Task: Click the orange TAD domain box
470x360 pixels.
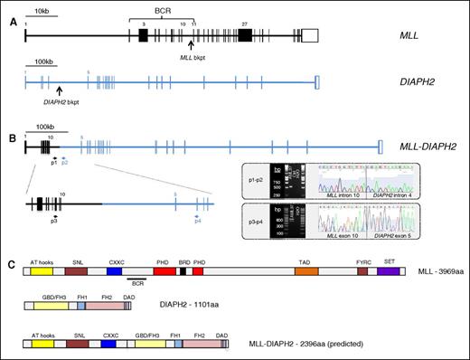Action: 306,271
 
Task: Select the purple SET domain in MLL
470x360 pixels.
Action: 389,271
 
